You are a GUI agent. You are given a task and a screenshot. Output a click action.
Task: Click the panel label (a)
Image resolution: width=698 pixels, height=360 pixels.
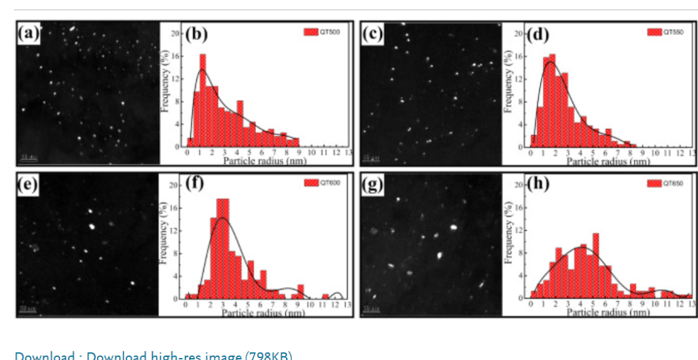point(28,33)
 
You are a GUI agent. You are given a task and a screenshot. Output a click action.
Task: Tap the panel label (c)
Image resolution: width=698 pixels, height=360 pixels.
point(373,33)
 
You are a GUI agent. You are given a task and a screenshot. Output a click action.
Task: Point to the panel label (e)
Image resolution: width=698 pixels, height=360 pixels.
point(28,185)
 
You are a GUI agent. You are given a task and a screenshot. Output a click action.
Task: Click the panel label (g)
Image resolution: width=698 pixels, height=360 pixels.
point(373,185)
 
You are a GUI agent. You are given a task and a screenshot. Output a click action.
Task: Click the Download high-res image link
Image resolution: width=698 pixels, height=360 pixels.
point(153,355)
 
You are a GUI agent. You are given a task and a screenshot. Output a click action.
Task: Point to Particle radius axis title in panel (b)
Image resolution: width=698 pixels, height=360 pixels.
point(264,160)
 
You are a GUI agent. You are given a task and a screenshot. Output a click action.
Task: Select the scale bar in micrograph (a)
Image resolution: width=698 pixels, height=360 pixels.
point(28,157)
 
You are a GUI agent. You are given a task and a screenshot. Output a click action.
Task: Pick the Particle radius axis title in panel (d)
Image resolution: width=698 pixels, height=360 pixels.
point(608,160)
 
